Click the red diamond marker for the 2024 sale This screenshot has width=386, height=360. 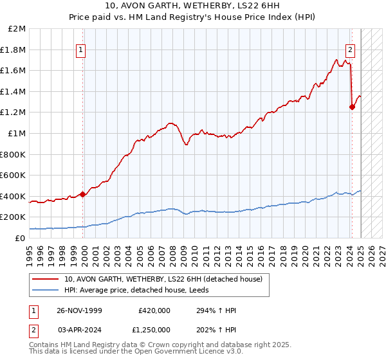coord(352,107)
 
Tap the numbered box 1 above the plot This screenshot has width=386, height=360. coord(81,50)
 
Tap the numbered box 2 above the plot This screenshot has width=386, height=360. coord(351,50)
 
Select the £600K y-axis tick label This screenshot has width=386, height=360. coord(14,175)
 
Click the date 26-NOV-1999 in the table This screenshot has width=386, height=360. coord(79,310)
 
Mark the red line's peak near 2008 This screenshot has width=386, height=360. coord(170,122)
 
